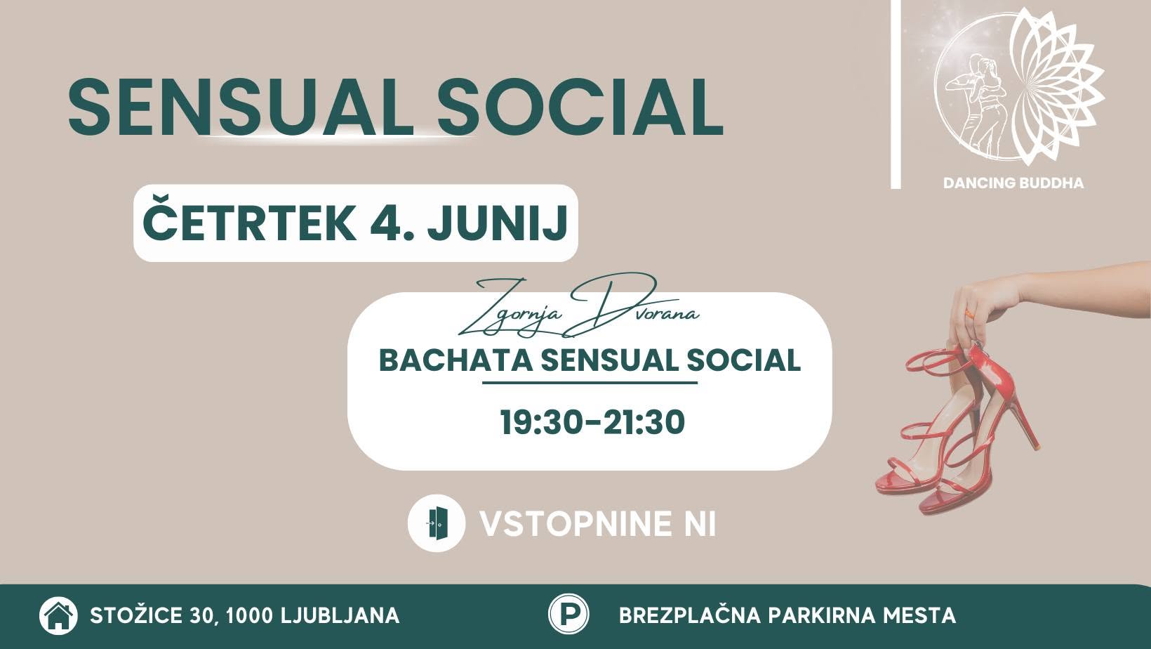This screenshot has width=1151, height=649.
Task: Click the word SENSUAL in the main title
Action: (234, 107)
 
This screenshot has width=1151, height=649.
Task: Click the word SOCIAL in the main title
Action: (580, 107)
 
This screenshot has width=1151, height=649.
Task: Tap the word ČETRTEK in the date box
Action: (248, 223)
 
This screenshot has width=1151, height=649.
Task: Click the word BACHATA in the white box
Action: (455, 360)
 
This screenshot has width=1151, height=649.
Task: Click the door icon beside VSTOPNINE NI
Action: (437, 523)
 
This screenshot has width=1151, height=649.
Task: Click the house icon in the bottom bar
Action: (58, 615)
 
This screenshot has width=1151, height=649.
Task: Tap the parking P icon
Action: (568, 614)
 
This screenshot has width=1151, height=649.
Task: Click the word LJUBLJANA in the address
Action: (340, 615)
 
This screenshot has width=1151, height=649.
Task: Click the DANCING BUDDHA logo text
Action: (1013, 183)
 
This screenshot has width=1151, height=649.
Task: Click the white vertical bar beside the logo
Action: (896, 94)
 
